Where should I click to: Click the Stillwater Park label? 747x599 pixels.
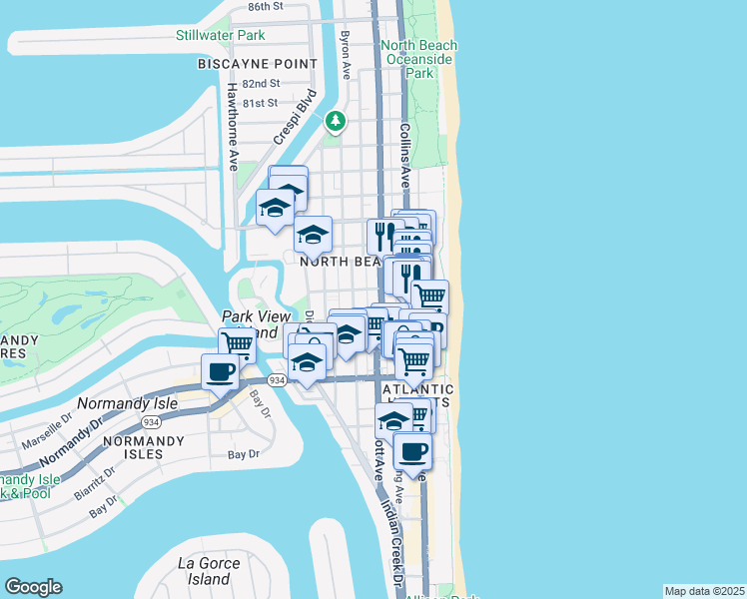(220, 35)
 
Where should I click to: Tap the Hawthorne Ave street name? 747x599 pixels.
(231, 126)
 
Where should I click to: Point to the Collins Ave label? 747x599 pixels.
(405, 156)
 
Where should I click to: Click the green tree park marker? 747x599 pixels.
(337, 122)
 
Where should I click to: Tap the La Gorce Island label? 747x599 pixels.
(210, 571)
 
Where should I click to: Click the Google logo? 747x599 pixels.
(33, 587)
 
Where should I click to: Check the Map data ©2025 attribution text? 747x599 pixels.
(704, 591)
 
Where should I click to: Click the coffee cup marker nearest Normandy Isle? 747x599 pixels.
(219, 371)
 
